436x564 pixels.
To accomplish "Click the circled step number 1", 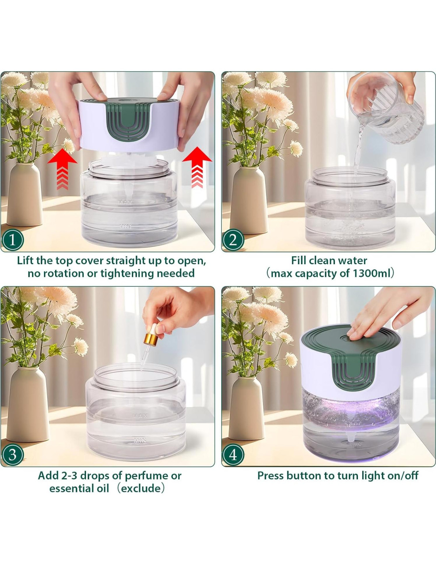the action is tap(12, 240).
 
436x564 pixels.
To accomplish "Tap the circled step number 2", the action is tap(233, 240).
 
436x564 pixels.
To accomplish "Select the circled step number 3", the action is tap(12, 455).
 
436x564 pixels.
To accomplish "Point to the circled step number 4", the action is tap(233, 455).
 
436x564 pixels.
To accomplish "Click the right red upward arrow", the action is tap(197, 167).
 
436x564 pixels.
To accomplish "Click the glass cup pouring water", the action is tap(386, 108).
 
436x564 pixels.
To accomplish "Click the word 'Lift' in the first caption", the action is tap(25, 261).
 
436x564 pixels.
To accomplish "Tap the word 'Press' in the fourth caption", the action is tap(271, 476).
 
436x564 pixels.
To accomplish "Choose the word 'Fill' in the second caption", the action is tap(299, 260).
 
